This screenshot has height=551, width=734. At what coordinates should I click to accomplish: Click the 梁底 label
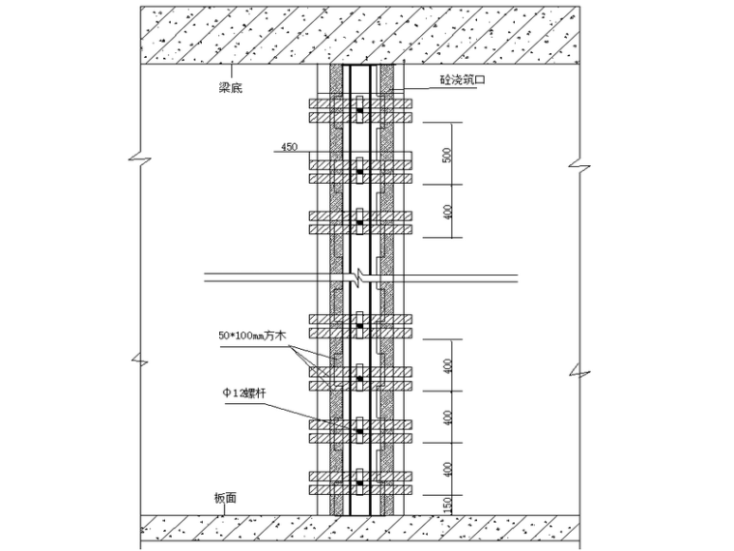[x=230, y=84]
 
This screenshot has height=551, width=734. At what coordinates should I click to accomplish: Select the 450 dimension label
[x=289, y=147]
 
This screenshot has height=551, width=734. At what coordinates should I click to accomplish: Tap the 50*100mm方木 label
[x=252, y=336]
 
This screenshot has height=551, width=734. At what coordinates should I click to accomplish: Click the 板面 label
[x=224, y=499]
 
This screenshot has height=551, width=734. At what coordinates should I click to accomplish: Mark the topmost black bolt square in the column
[x=358, y=113]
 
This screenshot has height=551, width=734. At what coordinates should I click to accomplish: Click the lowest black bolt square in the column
[x=358, y=481]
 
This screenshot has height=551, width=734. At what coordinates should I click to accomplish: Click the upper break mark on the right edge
[x=577, y=159]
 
